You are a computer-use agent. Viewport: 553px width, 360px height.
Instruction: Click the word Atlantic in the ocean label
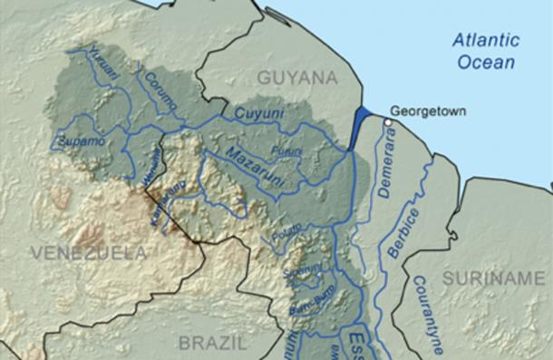tap(488, 40)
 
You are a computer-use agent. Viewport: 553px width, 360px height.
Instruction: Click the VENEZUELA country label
tap(88, 252)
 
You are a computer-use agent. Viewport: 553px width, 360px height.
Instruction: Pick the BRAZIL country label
tap(213, 343)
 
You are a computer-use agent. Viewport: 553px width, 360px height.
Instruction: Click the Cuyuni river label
tap(254, 113)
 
